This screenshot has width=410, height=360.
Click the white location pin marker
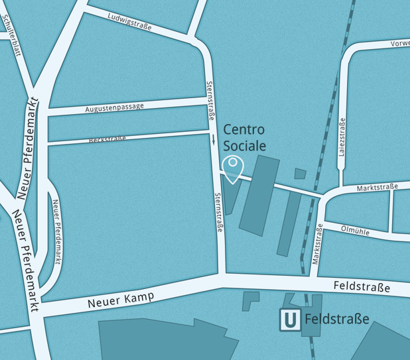pyautogui.click(x=233, y=168)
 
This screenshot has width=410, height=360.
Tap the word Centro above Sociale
pyautogui.click(x=244, y=129)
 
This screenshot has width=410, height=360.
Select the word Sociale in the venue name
pyautogui.click(x=244, y=145)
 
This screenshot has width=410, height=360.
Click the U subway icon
pyautogui.click(x=289, y=320)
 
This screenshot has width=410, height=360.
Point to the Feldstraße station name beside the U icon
pyautogui.click(x=336, y=320)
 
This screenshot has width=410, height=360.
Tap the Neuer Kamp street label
pyautogui.click(x=121, y=300)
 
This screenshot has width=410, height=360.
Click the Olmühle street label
pyautogui.click(x=354, y=229)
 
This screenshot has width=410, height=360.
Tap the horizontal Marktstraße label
pyautogui.click(x=377, y=188)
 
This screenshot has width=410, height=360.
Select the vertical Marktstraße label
pyautogui.click(x=318, y=243)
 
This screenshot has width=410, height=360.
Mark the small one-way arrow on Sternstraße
pyautogui.click(x=214, y=139)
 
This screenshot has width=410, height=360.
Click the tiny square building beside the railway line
pyautogui.click(x=300, y=174)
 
